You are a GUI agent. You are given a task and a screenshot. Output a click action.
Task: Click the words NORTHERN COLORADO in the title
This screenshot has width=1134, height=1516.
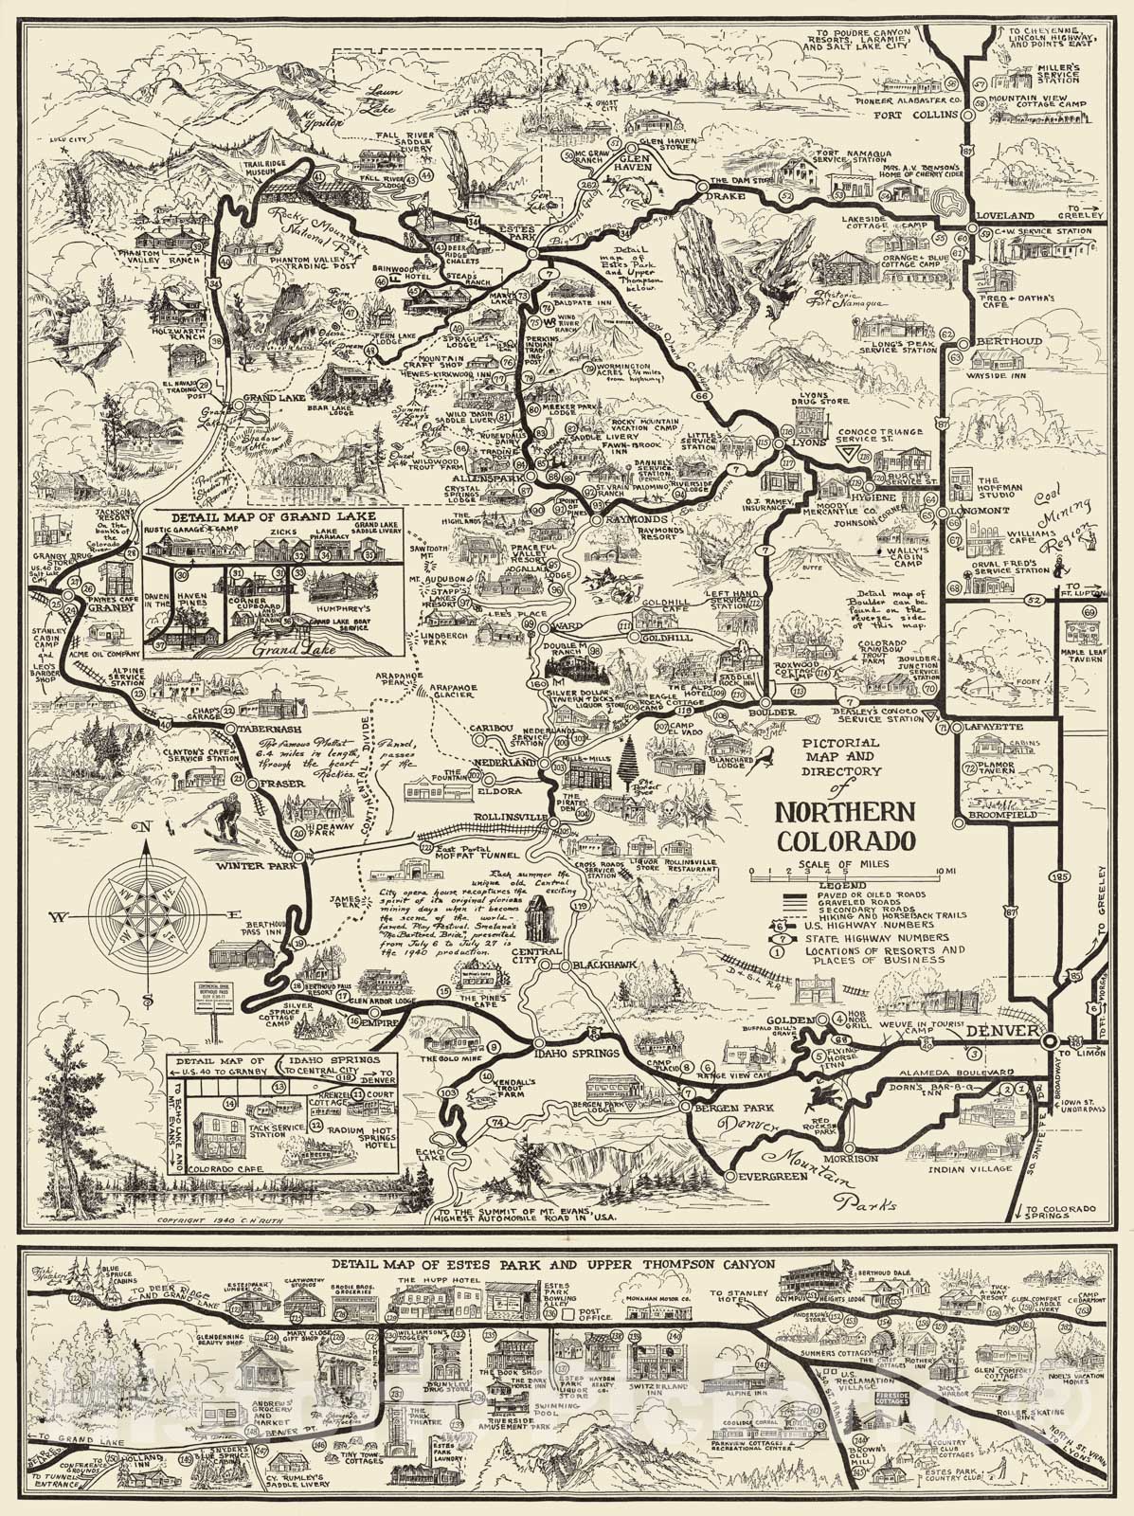tap(845, 826)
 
